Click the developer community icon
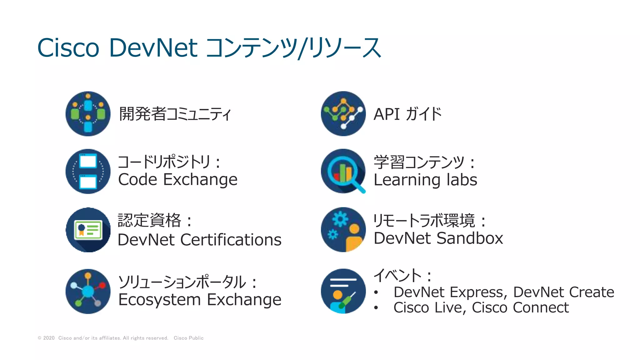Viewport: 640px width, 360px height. click(88, 114)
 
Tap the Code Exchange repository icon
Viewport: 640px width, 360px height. click(88, 171)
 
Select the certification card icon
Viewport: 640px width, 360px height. click(88, 230)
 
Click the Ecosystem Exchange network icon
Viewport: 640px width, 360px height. click(88, 291)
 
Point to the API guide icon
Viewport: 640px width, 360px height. click(343, 114)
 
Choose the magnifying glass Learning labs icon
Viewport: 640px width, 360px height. click(343, 171)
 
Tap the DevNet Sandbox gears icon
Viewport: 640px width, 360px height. click(343, 230)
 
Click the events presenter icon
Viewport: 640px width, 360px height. click(343, 291)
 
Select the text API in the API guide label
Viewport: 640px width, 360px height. click(387, 114)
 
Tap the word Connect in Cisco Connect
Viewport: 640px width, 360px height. click(541, 307)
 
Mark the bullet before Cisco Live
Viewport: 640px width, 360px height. click(376, 308)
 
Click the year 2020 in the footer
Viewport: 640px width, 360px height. click(49, 338)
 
